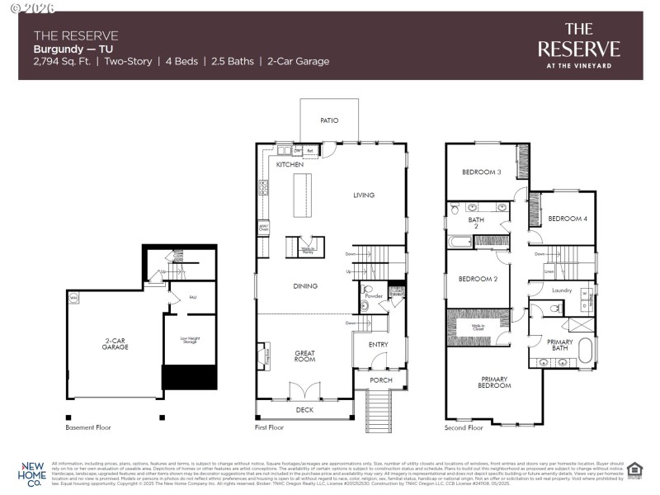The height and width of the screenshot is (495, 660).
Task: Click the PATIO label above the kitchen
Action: [329, 120]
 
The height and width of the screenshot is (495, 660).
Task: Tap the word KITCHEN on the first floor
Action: [290, 165]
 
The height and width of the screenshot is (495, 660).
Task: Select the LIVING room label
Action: [364, 196]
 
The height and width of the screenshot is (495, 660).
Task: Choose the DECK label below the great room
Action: [304, 409]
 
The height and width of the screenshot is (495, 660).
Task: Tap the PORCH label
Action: [380, 380]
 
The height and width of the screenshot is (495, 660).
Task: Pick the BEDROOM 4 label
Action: [568, 219]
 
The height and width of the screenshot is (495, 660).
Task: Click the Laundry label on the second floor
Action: [562, 290]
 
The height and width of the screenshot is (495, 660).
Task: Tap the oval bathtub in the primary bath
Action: [586, 350]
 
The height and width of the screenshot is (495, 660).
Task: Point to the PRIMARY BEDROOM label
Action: [494, 383]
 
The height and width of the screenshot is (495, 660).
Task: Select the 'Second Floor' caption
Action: [464, 427]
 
